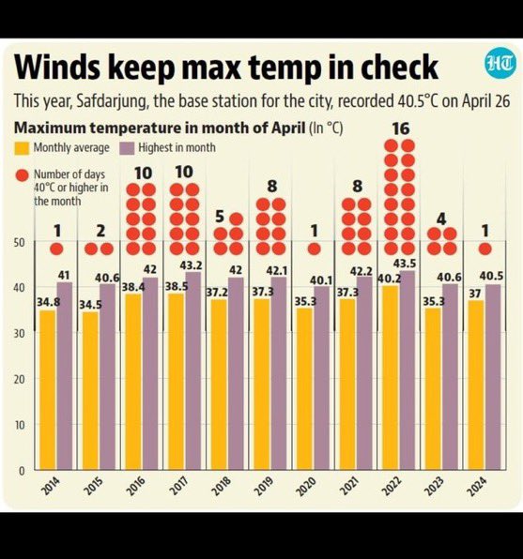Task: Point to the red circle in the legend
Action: click(x=22, y=174)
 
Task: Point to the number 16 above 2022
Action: click(x=399, y=128)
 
